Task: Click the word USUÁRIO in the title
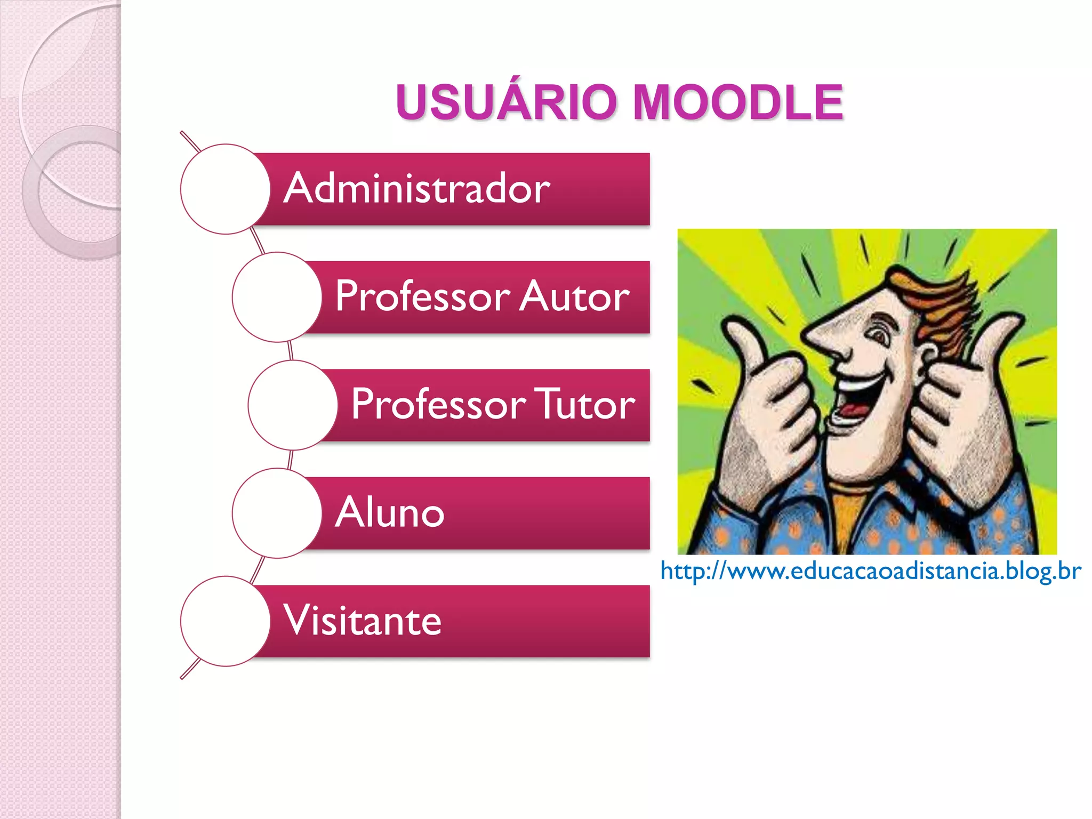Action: (x=506, y=102)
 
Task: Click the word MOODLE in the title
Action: (x=738, y=102)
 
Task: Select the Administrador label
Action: (x=416, y=189)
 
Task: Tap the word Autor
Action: (x=574, y=296)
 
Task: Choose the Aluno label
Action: (x=390, y=512)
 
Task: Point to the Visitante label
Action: (x=363, y=621)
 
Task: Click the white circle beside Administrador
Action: (x=225, y=189)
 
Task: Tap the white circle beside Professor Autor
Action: (x=277, y=297)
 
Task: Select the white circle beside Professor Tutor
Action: (x=293, y=405)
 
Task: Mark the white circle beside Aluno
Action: (x=277, y=513)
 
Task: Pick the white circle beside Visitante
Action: (x=225, y=621)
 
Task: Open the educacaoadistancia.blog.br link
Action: (x=870, y=571)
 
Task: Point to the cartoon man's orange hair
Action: (x=938, y=299)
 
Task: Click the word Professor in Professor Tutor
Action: (x=438, y=404)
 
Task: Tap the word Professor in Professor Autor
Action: (x=423, y=296)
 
